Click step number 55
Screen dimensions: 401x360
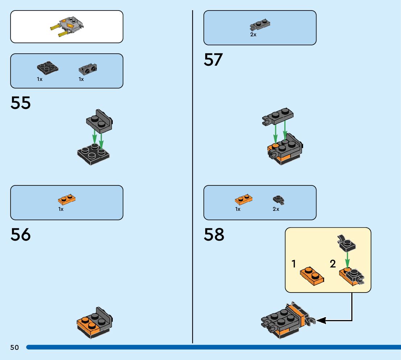tap(21, 103)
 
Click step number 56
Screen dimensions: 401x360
tap(21, 235)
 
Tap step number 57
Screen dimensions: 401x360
tap(213, 60)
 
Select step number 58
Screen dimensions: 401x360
tap(214, 235)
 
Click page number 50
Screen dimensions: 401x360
tap(15, 348)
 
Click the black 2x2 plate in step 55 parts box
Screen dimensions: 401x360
tap(47, 68)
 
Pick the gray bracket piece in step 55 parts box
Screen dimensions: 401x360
tap(88, 69)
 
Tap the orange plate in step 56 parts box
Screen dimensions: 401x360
tap(67, 199)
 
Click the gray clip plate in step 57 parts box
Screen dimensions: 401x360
tap(260, 25)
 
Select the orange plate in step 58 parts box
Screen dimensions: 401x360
tap(244, 199)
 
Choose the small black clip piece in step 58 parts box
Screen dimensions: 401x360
tap(278, 200)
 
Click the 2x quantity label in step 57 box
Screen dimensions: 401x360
tap(253, 35)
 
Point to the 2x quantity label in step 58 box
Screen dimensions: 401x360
tap(276, 209)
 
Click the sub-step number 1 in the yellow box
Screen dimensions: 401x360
tap(294, 264)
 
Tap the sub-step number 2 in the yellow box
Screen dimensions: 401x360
tap(333, 264)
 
